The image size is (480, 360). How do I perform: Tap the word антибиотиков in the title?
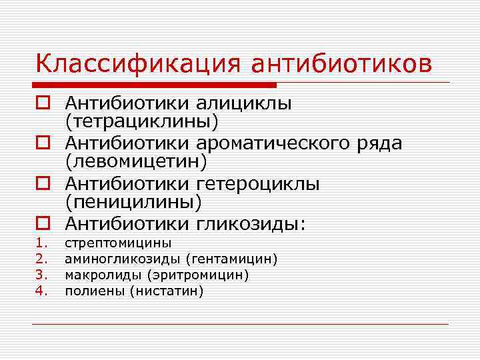point(341,64)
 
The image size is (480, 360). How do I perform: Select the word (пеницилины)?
point(133,202)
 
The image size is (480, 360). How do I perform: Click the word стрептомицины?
point(118,243)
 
